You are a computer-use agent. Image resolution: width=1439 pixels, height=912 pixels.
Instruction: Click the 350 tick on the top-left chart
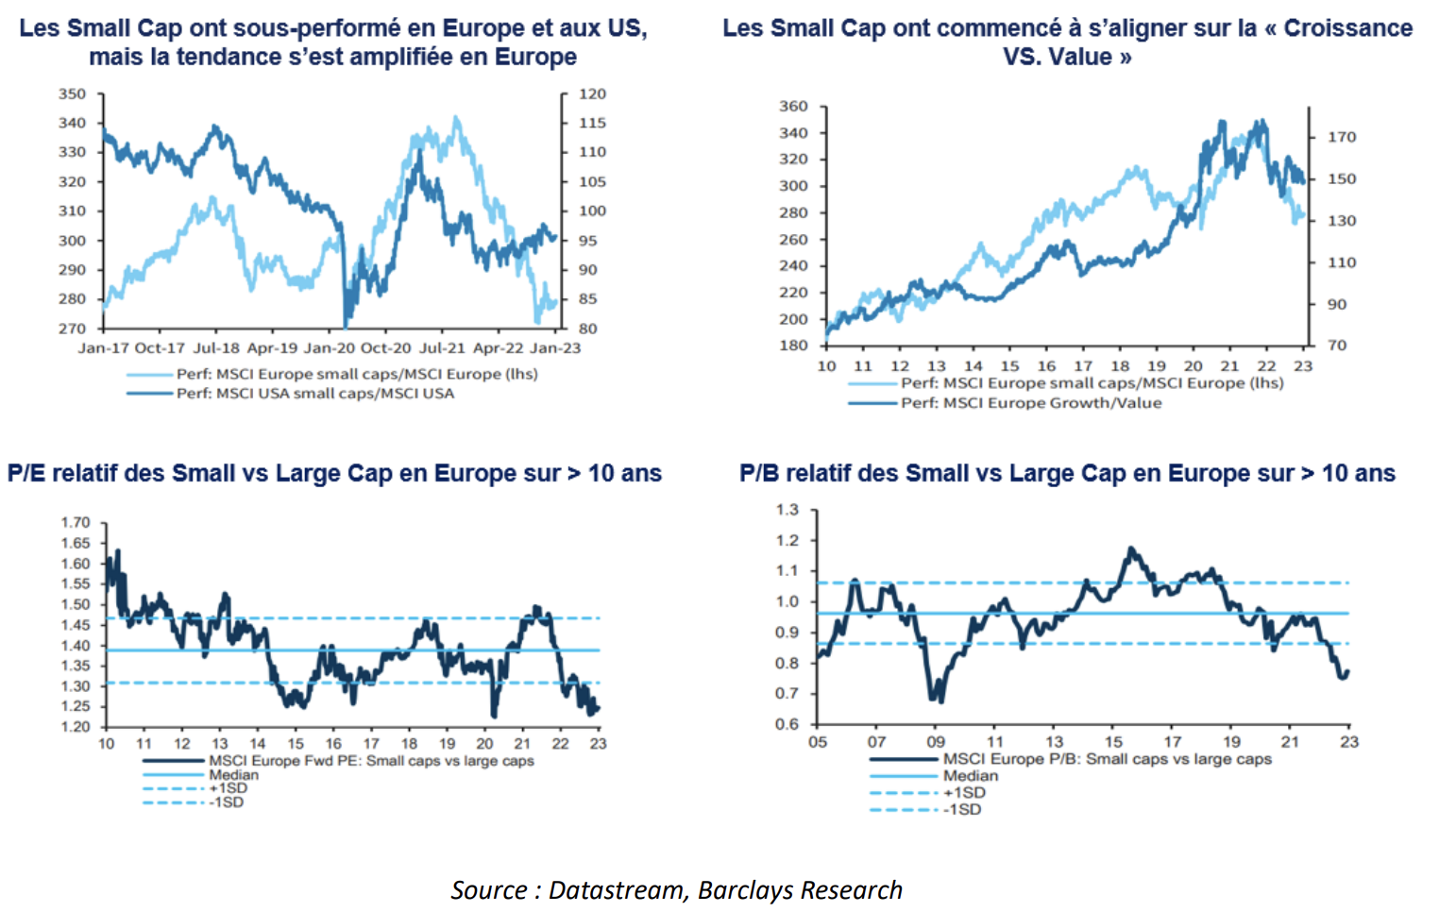pos(72,94)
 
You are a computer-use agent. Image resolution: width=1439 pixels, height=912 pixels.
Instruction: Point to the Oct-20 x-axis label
pos(386,348)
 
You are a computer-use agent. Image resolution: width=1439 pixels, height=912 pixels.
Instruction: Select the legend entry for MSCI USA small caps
pos(314,394)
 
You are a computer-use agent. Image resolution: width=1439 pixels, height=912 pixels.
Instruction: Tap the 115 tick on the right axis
pos(592,124)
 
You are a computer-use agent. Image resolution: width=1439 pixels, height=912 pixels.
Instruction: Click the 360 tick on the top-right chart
pos(793,107)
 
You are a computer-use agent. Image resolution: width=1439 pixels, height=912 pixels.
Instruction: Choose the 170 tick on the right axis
pos(1342,137)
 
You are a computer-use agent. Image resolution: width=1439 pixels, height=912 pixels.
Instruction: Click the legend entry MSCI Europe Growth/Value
pos(1031,403)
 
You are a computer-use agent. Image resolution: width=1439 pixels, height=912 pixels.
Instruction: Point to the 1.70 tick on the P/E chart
pos(76,523)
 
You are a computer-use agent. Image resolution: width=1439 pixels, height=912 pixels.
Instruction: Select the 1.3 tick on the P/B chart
pos(787,510)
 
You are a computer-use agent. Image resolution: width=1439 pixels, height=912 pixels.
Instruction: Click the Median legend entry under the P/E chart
pos(233,775)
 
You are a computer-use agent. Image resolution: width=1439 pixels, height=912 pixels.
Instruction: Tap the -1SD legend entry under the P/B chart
pos(963,810)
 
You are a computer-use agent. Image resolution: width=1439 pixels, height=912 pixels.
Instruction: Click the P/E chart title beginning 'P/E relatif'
pos(334,473)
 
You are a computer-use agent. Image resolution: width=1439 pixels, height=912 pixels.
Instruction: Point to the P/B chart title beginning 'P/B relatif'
pos(1067,473)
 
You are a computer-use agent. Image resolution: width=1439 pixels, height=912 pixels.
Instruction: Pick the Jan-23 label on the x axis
pos(555,348)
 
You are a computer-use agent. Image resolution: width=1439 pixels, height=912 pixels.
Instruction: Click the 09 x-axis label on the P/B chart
pos(936,742)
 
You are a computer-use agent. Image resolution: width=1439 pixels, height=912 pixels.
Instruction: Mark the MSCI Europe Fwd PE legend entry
pos(371,761)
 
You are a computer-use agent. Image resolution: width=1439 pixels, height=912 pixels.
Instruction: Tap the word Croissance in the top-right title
pos(1347,28)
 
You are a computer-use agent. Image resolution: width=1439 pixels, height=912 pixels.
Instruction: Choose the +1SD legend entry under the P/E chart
pos(229,788)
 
